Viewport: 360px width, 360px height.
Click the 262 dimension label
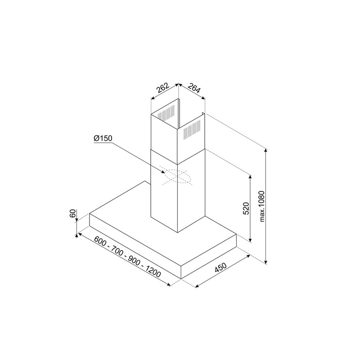tap(163, 88)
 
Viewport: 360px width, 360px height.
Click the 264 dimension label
tap(194, 88)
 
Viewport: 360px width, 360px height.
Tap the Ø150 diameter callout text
tap(103, 139)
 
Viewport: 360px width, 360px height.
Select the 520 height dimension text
tap(246, 208)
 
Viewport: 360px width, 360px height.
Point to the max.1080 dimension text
tap(262, 207)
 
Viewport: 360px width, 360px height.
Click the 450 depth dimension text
tap(220, 267)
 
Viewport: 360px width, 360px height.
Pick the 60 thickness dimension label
tap(72, 213)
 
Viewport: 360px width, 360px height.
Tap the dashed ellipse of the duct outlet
tap(177, 176)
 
